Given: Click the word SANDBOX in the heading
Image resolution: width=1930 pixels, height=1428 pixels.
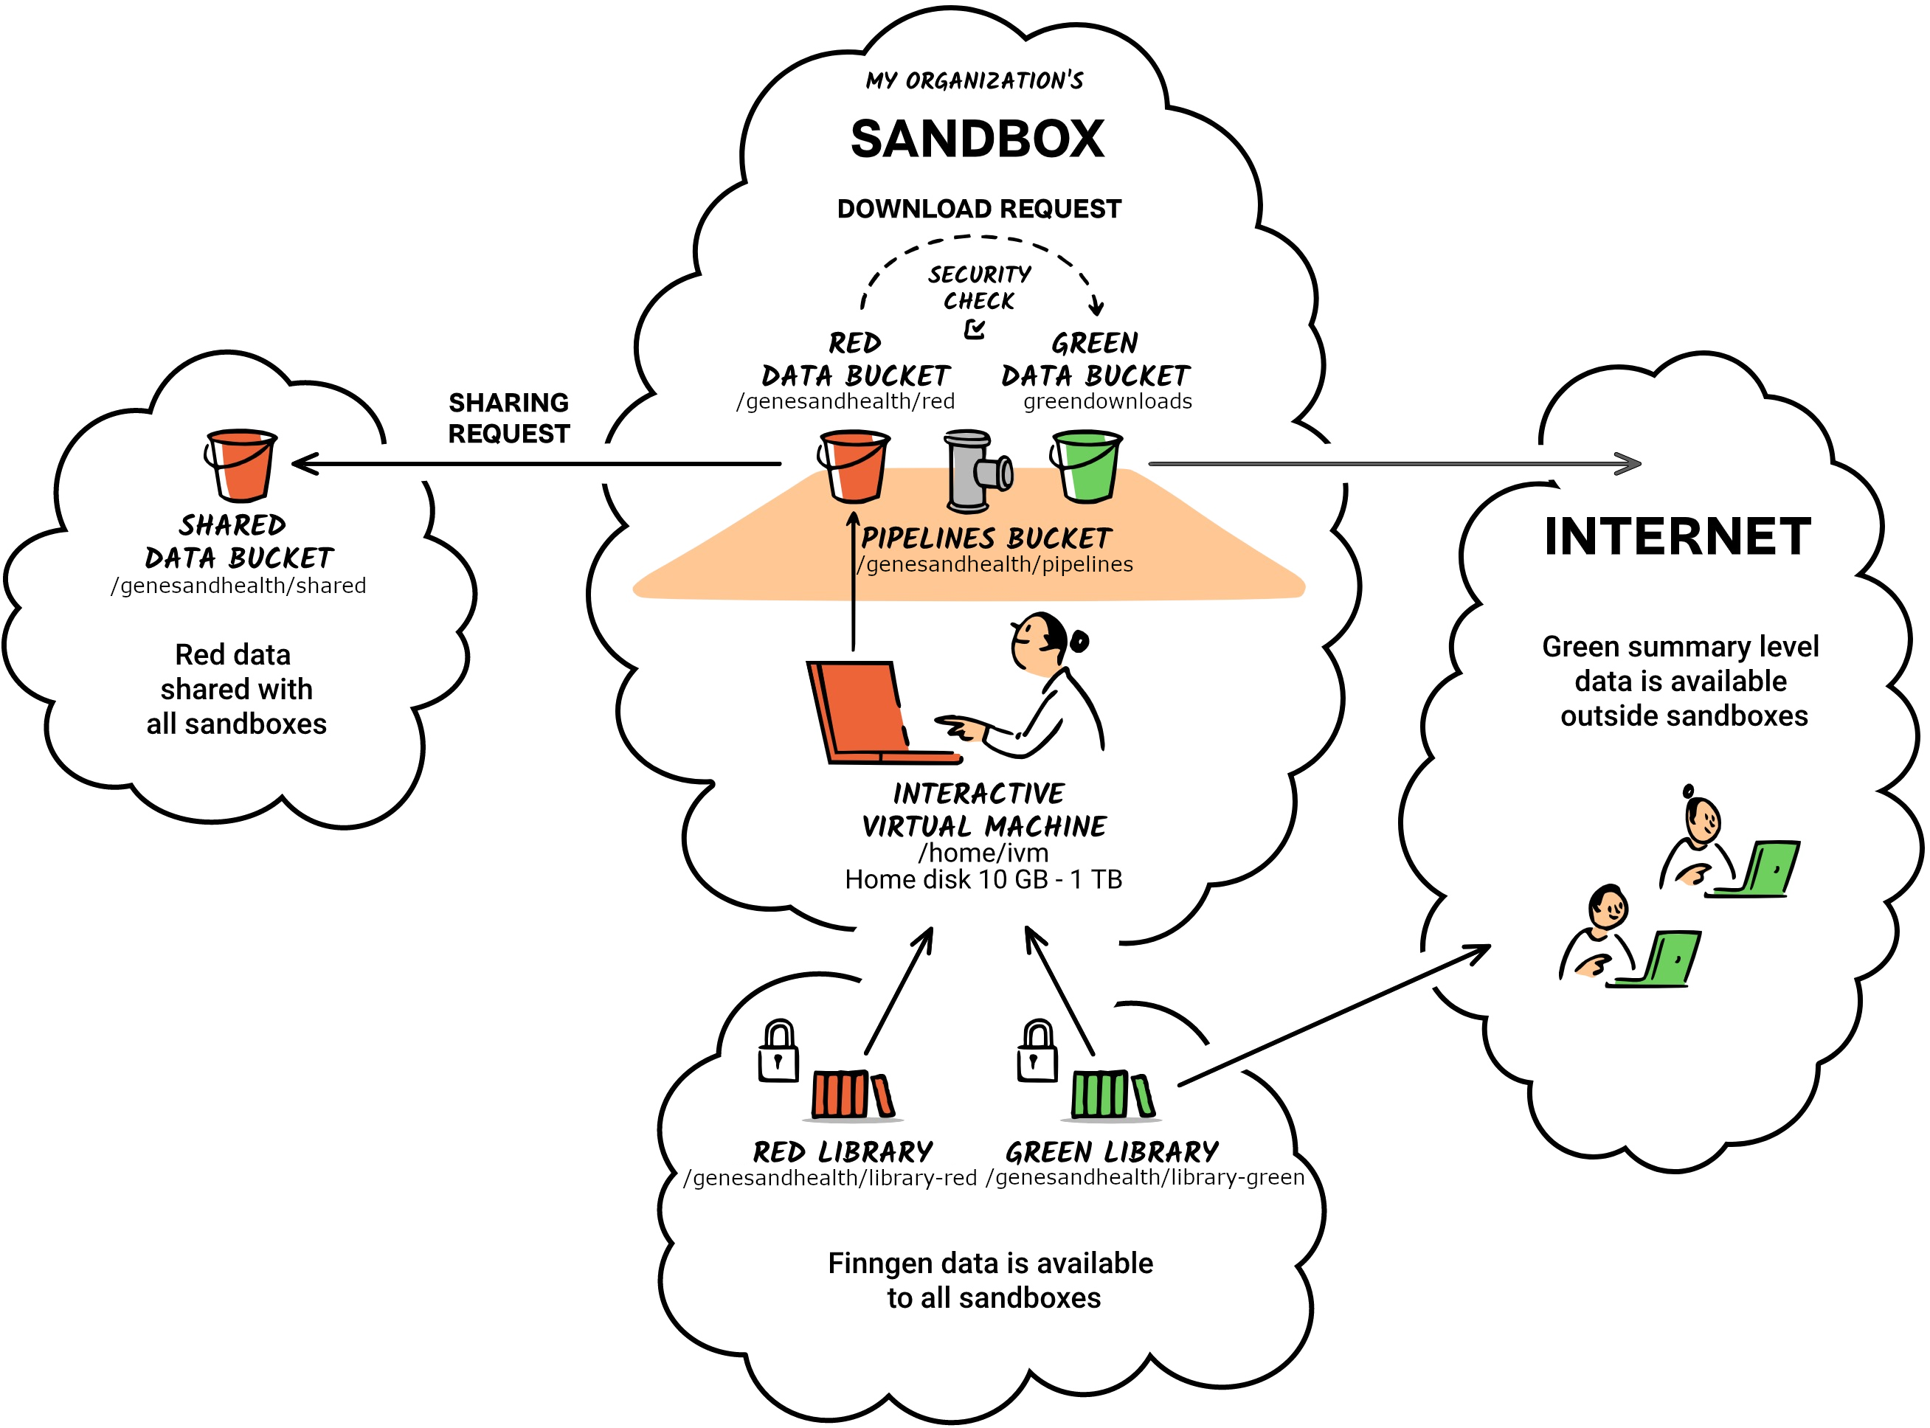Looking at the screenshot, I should (977, 139).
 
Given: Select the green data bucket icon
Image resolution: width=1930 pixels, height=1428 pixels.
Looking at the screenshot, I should (1086, 467).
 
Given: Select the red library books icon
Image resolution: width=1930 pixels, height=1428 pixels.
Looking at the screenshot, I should (851, 1095).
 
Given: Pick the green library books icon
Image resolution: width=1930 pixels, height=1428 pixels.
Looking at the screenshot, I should (1111, 1095).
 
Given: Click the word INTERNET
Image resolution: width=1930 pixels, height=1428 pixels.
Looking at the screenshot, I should (1677, 537).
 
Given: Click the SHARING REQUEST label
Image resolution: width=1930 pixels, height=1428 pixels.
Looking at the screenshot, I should (508, 418).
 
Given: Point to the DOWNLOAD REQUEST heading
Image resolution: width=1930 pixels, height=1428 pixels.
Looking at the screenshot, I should (978, 209).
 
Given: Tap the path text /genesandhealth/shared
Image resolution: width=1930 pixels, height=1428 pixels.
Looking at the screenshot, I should (238, 586).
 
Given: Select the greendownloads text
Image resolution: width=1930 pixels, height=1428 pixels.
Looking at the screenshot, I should (1107, 402).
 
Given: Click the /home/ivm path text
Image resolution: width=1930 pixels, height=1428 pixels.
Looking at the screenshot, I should (983, 853).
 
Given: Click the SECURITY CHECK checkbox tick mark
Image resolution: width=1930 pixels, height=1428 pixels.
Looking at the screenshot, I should (975, 329).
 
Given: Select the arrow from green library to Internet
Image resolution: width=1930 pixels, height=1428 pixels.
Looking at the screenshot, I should (1332, 1016).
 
